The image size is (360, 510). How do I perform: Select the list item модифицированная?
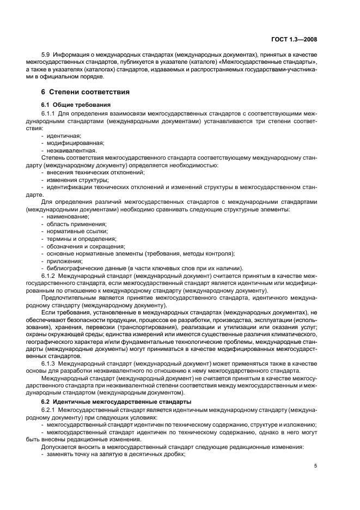(x=72, y=143)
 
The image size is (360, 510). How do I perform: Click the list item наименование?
(x=68, y=217)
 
